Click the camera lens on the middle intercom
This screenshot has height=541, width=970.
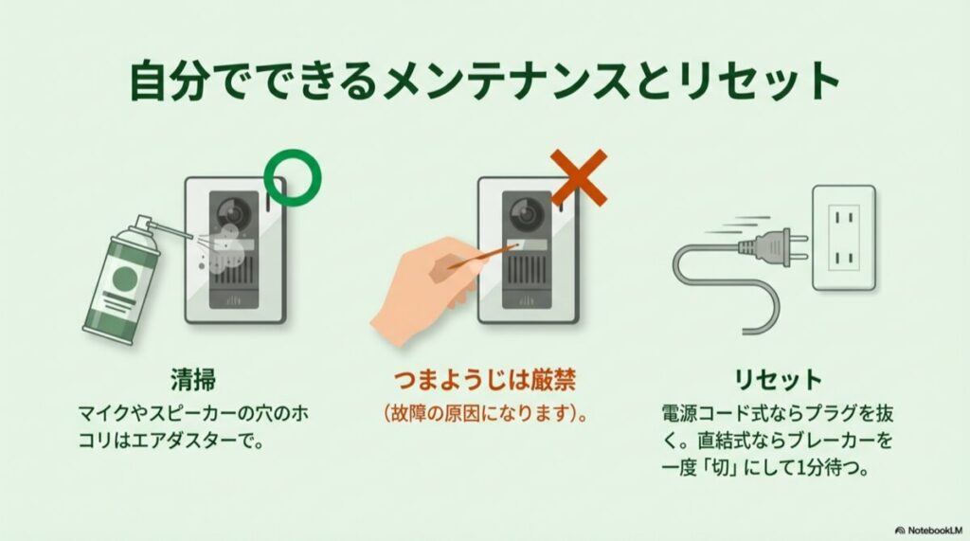point(522,213)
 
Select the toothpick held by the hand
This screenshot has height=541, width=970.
point(477,257)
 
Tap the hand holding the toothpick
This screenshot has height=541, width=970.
point(417,289)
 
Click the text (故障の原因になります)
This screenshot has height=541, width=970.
point(484,414)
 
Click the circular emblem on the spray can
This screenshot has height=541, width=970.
point(123,277)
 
